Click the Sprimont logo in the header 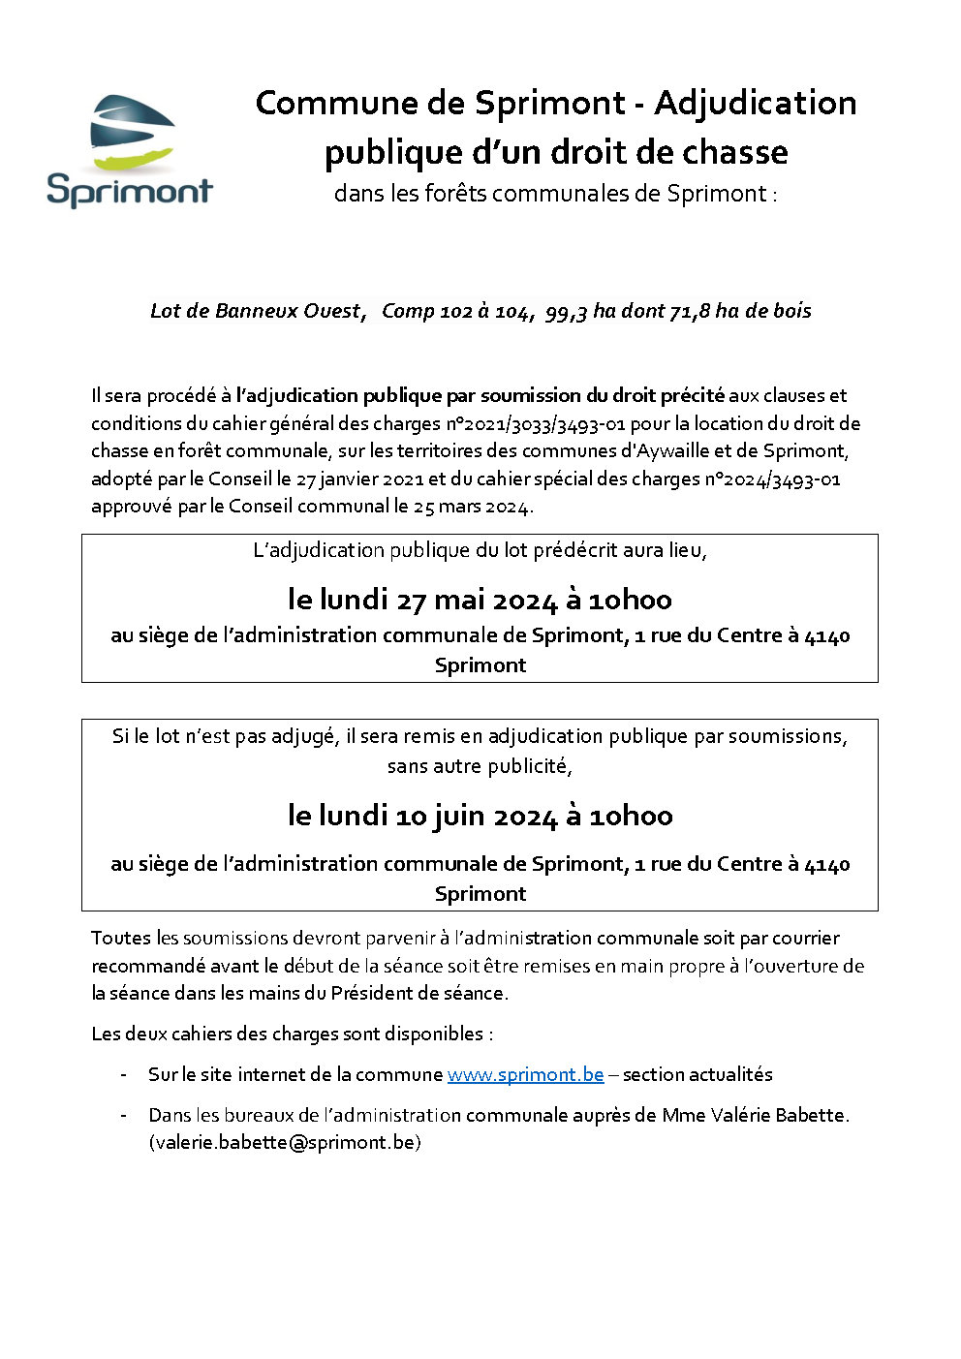(x=129, y=151)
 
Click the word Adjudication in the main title (x=755, y=103)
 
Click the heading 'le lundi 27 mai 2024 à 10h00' (x=480, y=600)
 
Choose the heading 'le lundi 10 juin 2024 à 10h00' (x=480, y=816)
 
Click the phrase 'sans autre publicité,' (x=480, y=766)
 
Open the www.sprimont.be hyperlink (x=525, y=1074)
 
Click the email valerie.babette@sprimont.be (x=285, y=1142)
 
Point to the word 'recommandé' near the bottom (x=148, y=966)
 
